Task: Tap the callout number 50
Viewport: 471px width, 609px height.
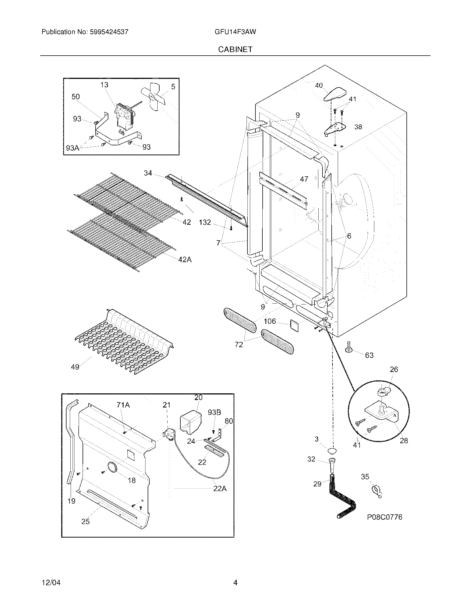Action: pos(76,97)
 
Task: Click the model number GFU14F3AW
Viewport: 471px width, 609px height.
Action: pos(235,32)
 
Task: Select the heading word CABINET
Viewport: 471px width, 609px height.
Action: pos(235,49)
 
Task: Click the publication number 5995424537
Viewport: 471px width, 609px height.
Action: pos(109,32)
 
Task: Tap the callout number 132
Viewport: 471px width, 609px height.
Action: pos(204,222)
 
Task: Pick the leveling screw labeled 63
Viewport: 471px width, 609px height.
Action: pos(349,347)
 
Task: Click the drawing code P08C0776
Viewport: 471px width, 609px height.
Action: pos(384,517)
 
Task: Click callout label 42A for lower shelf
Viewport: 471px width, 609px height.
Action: pos(185,259)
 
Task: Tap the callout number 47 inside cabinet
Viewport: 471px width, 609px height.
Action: pos(304,179)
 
